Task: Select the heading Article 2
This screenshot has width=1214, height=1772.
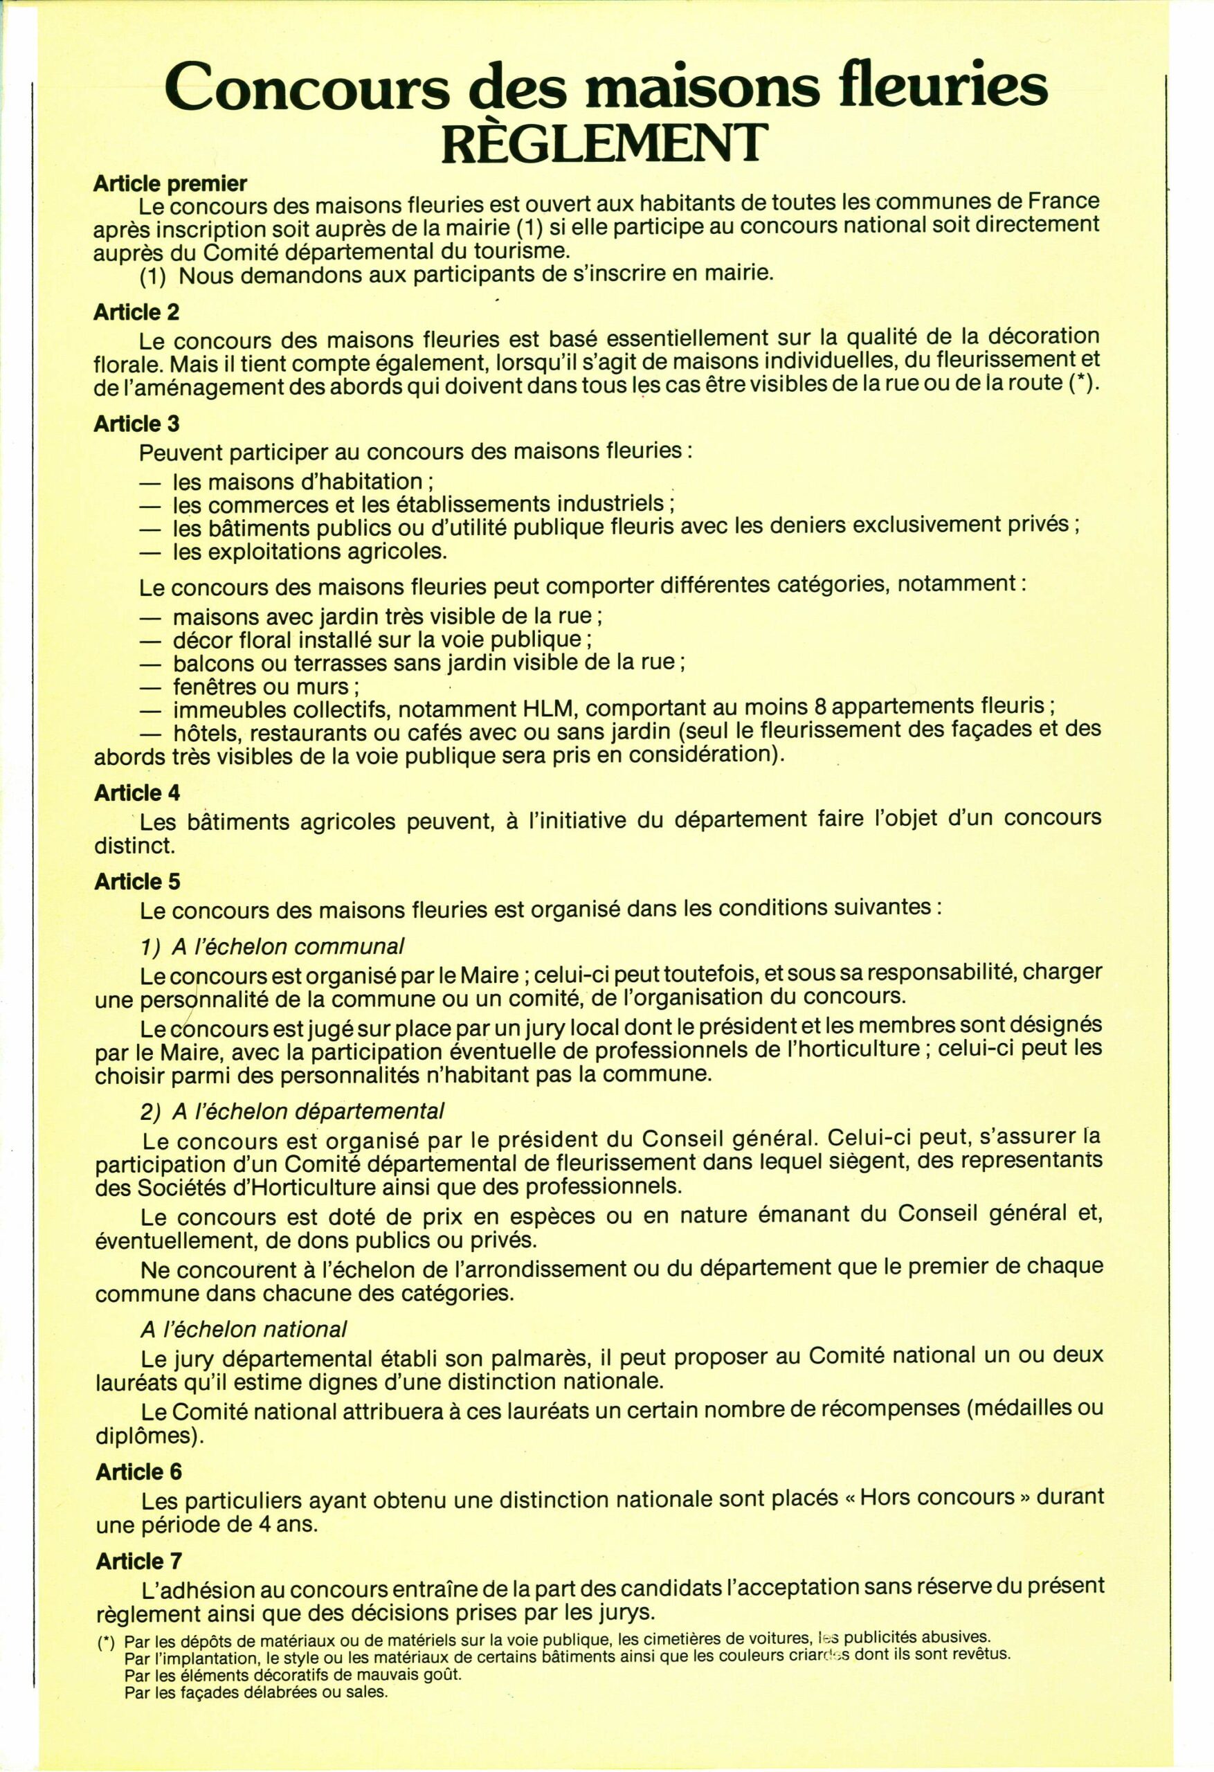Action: tap(136, 312)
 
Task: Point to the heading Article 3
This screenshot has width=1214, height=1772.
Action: tap(136, 423)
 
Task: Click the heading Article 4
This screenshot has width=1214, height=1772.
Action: tap(137, 793)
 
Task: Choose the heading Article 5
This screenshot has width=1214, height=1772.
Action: tap(137, 881)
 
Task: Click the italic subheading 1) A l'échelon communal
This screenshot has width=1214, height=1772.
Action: tap(272, 946)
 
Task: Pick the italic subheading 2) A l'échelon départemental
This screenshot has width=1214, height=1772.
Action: tap(292, 1111)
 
